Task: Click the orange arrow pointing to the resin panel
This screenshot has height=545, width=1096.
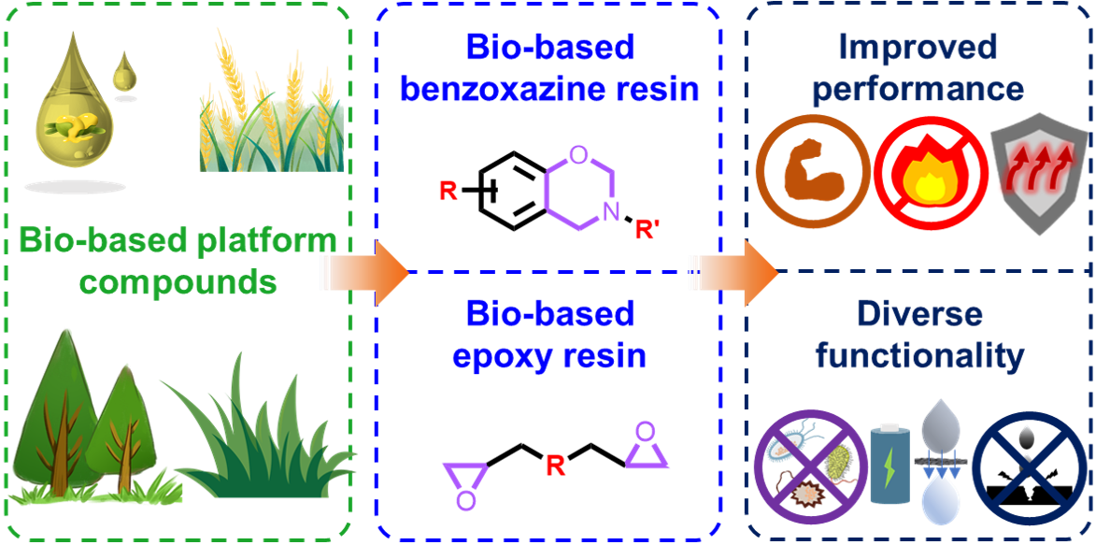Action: [x=367, y=273]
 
